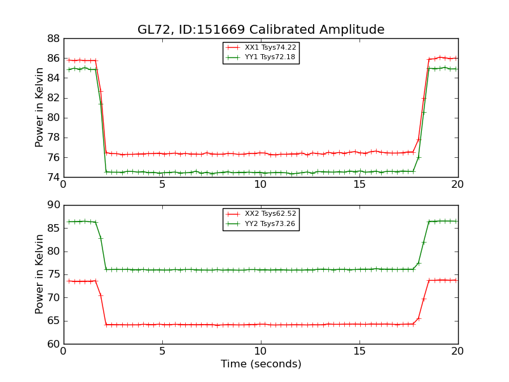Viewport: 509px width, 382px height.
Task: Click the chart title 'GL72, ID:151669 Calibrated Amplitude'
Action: tap(261, 30)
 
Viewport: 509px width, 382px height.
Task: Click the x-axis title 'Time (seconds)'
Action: tap(261, 364)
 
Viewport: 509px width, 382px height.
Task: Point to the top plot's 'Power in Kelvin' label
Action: tap(40, 108)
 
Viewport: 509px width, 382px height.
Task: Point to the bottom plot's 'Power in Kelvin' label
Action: tap(40, 274)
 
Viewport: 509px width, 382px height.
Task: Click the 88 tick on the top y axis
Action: tap(53, 38)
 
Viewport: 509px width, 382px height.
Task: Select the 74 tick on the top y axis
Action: tap(53, 177)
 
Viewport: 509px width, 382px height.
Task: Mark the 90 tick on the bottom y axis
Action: tap(53, 205)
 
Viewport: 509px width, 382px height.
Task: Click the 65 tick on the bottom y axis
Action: tap(53, 321)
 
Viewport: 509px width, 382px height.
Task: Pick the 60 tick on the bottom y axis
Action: tap(53, 344)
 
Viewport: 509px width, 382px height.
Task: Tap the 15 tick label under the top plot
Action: tap(359, 185)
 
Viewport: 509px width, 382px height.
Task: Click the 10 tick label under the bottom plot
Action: tap(261, 351)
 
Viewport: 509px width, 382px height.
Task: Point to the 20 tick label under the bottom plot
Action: tap(458, 351)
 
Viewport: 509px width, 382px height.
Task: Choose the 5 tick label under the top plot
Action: tap(162, 185)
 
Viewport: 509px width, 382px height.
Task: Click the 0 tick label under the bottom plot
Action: tap(64, 351)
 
